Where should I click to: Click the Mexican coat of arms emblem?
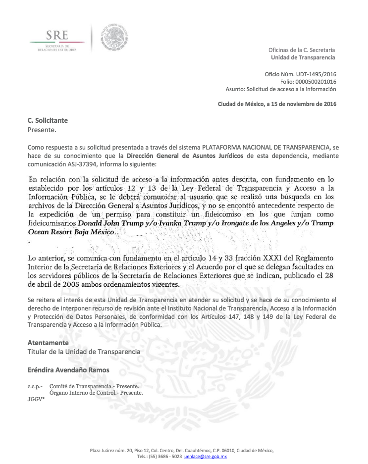(115, 37)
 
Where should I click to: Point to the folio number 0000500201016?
(315, 81)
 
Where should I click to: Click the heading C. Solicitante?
(48, 120)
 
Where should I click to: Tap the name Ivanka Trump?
(168, 223)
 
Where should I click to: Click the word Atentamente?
(48, 343)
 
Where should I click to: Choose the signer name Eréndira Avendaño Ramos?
(68, 370)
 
